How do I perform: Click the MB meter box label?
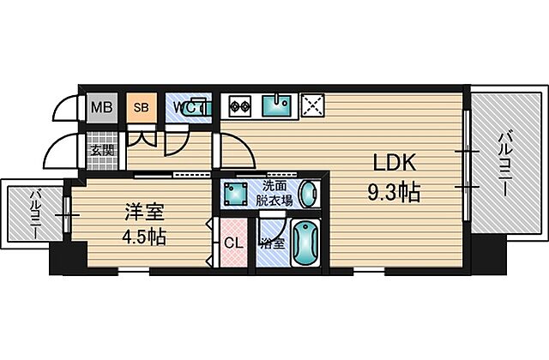point(101,108)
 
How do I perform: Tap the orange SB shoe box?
point(141,108)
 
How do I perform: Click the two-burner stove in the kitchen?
point(239,108)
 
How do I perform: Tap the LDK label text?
point(394,163)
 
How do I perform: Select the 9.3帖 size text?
point(394,194)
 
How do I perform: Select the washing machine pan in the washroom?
point(233,193)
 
